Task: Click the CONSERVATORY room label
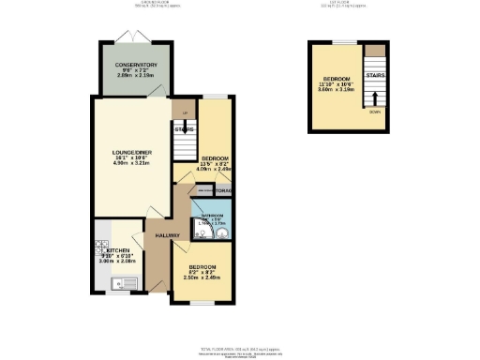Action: pos(136,65)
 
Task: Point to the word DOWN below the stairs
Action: pos(375,112)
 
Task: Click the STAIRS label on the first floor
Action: pos(375,73)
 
